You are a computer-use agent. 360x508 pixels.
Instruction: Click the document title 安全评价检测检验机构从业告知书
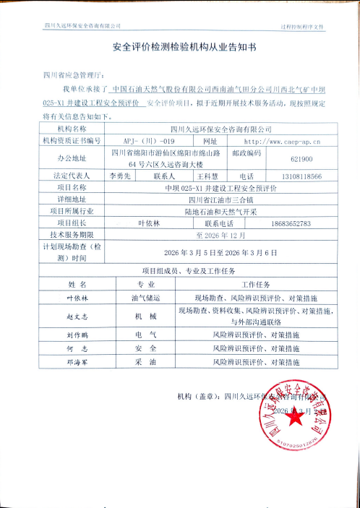[x=180, y=51]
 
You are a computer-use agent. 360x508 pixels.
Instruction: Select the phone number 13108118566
[x=301, y=176]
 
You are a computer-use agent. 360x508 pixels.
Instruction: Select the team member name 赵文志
[x=77, y=316]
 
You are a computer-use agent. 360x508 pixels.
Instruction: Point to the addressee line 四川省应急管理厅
[x=74, y=74]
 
